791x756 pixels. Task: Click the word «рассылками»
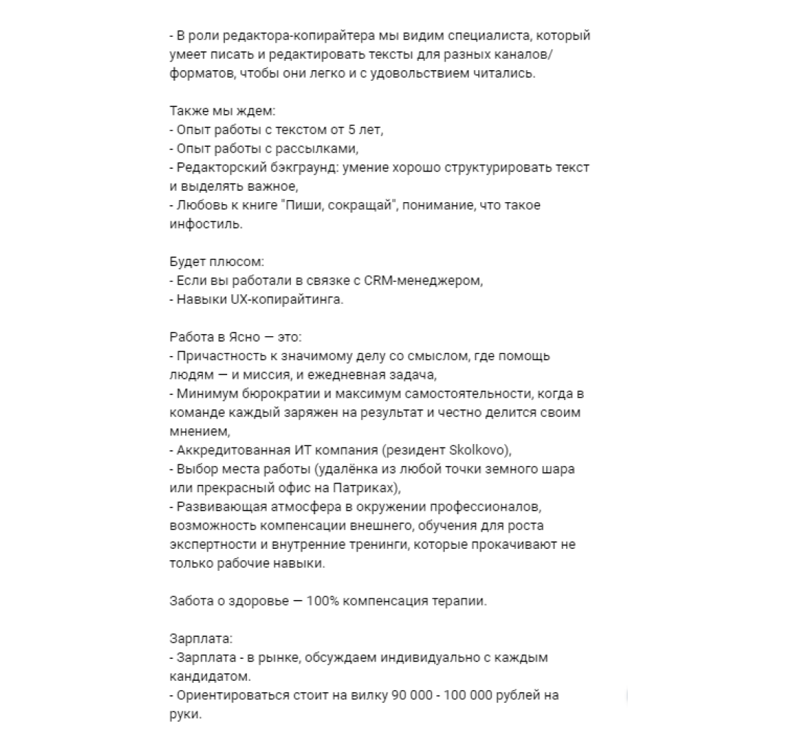322,148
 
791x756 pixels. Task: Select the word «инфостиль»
204,224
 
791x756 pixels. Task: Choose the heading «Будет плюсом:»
206,262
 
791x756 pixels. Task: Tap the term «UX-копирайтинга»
287,299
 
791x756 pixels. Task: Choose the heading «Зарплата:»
196,638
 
